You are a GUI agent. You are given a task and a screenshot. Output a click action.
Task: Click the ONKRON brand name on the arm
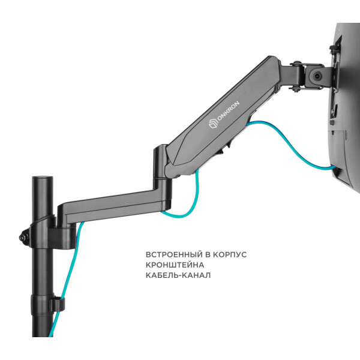pyautogui.click(x=228, y=111)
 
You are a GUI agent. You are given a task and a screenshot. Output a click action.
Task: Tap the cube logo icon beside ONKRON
pyautogui.click(x=213, y=124)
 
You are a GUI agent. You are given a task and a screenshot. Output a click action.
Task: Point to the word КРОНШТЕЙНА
pyautogui.click(x=175, y=265)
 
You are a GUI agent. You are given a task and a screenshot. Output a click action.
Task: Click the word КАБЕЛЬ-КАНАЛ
pyautogui.click(x=178, y=275)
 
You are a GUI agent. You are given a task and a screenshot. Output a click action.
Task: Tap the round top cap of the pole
pyautogui.click(x=43, y=178)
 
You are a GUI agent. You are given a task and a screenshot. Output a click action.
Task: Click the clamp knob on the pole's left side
pyautogui.click(x=24, y=237)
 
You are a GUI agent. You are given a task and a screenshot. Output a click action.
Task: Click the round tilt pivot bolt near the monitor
pyautogui.click(x=318, y=76)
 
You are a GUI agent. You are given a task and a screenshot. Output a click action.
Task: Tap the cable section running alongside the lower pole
pyautogui.click(x=65, y=280)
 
